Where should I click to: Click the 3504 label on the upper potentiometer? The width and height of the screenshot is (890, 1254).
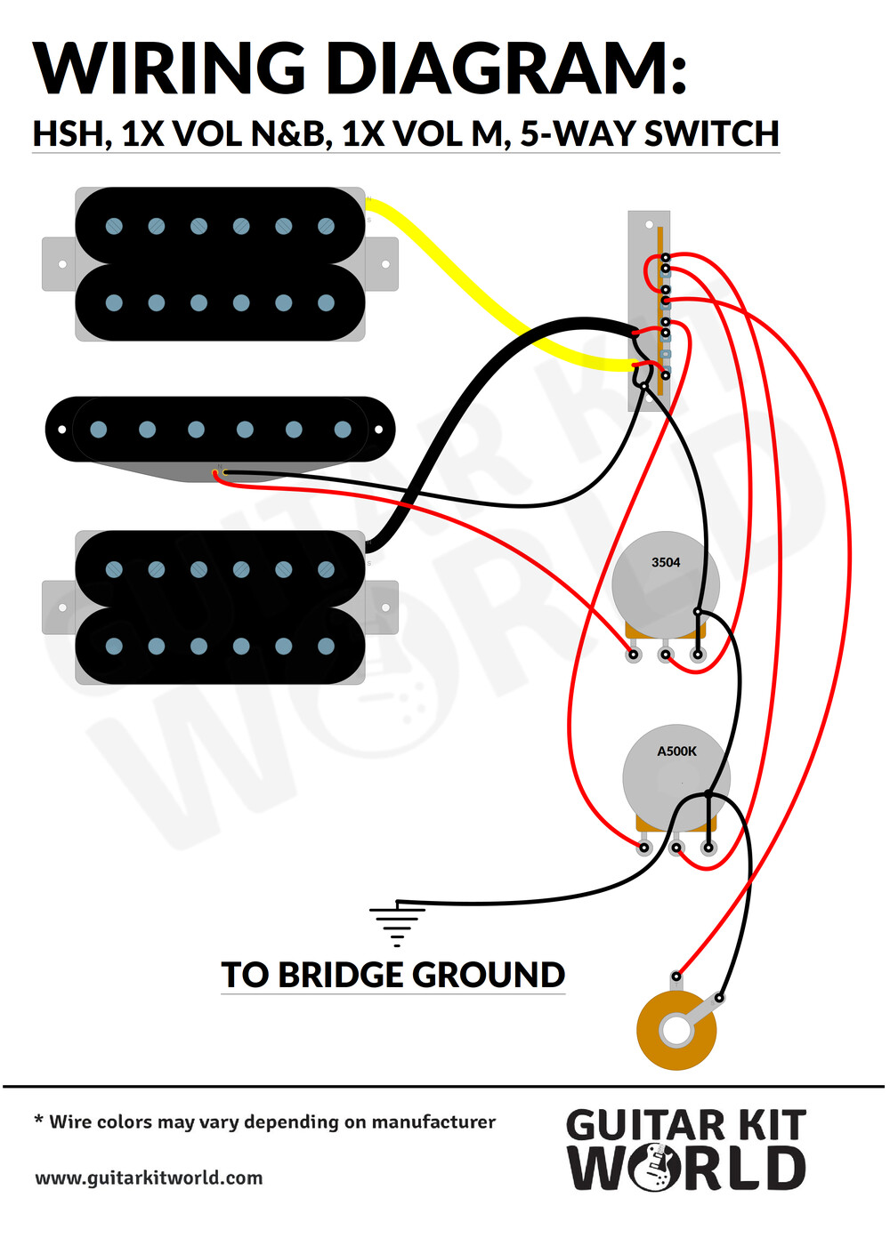tap(666, 562)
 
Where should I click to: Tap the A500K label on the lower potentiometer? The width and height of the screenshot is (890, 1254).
tap(676, 752)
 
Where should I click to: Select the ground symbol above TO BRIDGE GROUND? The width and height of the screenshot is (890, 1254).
tap(397, 923)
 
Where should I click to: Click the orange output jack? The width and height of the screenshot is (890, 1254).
tap(676, 1030)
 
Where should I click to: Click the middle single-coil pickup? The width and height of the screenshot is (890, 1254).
tap(220, 438)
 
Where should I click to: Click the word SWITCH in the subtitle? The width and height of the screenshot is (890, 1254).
tap(711, 133)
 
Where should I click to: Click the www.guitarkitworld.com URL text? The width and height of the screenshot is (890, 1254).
tap(149, 1178)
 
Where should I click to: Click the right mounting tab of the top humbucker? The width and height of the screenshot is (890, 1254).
tap(383, 263)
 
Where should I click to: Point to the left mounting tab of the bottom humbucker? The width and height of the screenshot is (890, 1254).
tap(60, 607)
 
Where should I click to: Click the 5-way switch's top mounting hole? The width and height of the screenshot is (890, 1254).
tap(649, 224)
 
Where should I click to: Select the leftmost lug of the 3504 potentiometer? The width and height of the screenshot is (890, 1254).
tap(634, 654)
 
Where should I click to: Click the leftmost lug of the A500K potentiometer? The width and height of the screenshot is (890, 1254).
tap(644, 848)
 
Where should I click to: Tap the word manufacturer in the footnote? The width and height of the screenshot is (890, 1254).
tap(433, 1122)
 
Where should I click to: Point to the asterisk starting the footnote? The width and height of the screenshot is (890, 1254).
tap(38, 1120)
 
